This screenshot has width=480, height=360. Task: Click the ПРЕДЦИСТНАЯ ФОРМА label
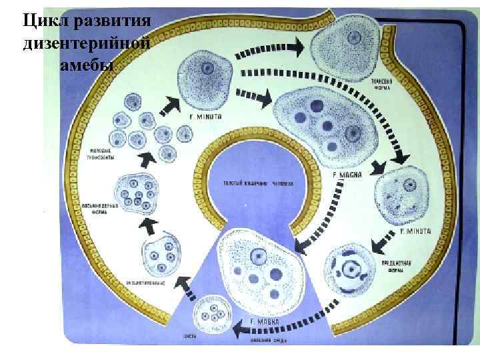pos(389,268)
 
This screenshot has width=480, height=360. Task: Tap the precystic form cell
pos(347,270)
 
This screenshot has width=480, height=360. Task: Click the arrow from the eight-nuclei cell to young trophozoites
pos(143,159)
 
